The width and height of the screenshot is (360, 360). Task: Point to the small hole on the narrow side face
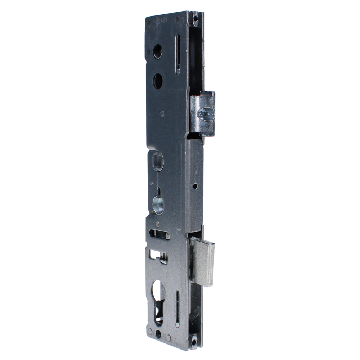(195, 186)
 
